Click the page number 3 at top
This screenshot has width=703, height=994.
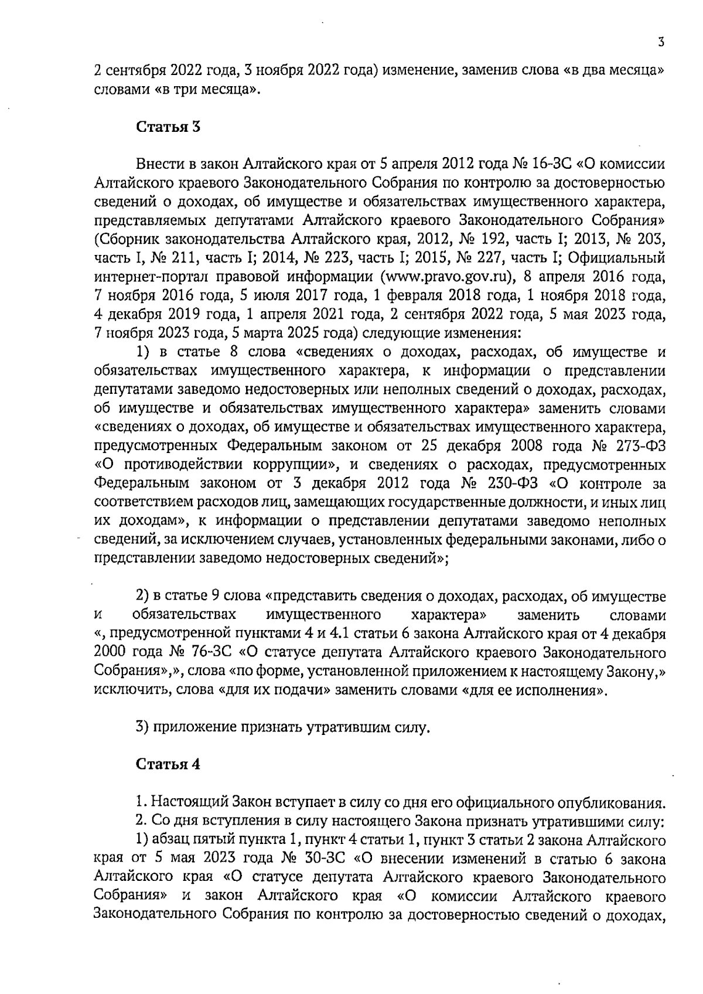pyautogui.click(x=660, y=42)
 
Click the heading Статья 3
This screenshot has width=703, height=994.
pyautogui.click(x=169, y=127)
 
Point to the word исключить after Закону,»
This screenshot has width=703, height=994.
pyautogui.click(x=125, y=690)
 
